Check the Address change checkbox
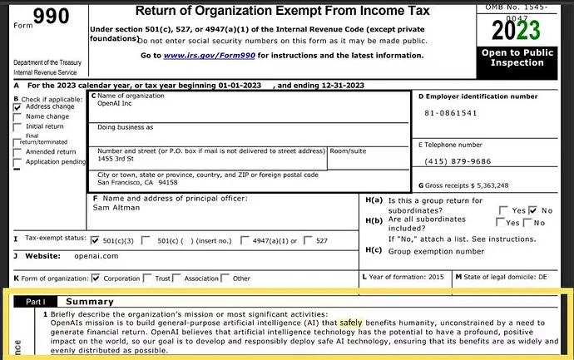(x=17, y=107)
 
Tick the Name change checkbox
(x=17, y=117)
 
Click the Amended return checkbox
(x=17, y=152)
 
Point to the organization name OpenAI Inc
(x=115, y=105)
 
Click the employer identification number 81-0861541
(x=450, y=113)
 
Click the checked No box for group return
(x=532, y=210)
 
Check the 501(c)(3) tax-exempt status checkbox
(x=96, y=240)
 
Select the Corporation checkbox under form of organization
(x=96, y=278)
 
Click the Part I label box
(x=34, y=301)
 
